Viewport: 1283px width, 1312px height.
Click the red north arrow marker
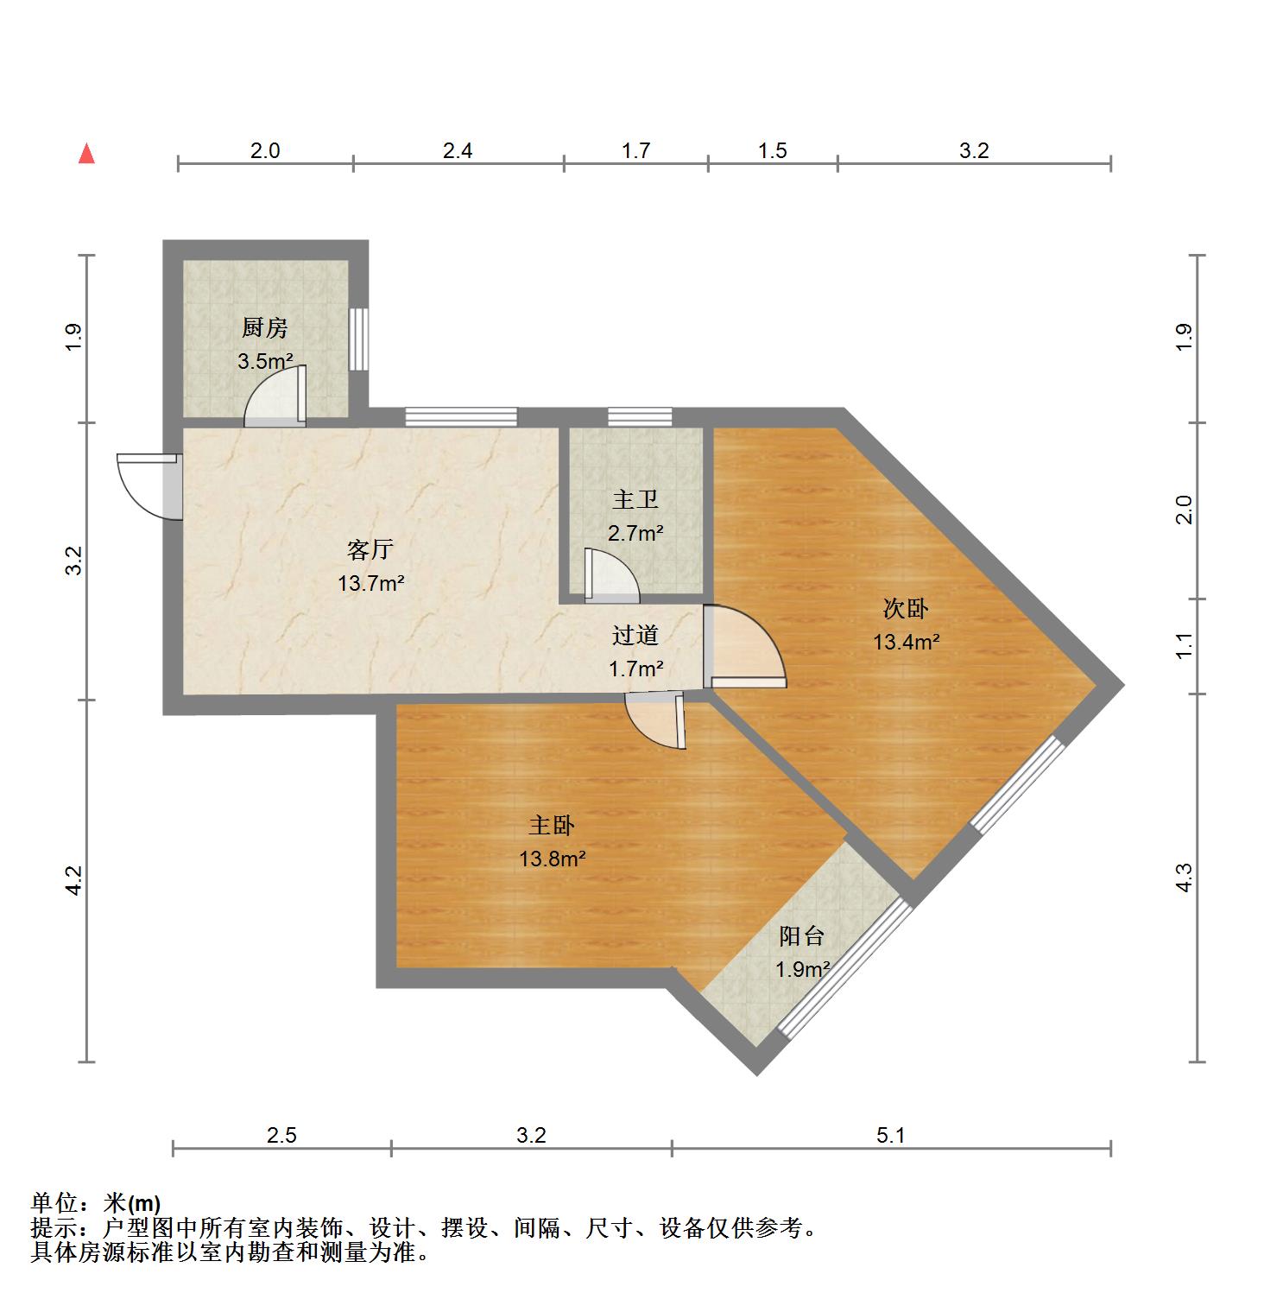coord(86,154)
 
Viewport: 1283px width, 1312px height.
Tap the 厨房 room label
coord(264,327)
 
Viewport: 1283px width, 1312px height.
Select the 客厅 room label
coord(370,549)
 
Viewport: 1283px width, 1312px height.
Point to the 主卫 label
coord(635,500)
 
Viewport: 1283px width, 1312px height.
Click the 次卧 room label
coord(906,609)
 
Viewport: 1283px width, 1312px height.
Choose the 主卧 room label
coord(552,826)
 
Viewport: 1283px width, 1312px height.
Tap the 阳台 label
coord(802,935)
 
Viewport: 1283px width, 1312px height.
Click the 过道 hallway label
coord(635,636)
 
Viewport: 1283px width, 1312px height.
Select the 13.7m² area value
coord(371,583)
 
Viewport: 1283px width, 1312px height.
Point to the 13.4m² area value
coord(906,642)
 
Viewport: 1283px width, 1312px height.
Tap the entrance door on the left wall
coord(149,486)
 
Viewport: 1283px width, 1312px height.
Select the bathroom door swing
coord(611,574)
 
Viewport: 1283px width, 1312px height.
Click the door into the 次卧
coord(744,646)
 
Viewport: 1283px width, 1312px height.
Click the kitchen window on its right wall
coord(358,339)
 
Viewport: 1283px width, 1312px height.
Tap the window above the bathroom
coord(640,417)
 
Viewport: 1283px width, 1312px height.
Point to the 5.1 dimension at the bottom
coord(891,1135)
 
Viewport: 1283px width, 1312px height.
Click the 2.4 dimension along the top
coord(458,151)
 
